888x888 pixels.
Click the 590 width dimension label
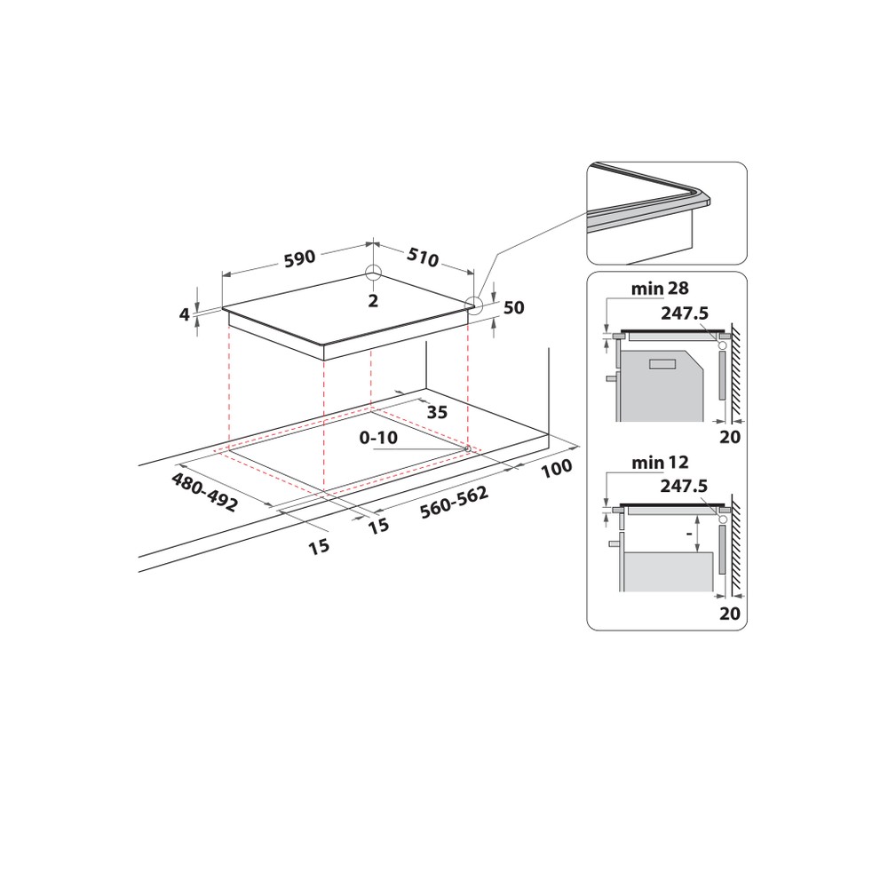click(300, 258)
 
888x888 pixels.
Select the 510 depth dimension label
click(423, 258)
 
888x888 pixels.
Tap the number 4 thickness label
click(185, 313)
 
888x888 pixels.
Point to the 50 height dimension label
click(513, 308)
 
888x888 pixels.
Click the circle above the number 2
click(373, 274)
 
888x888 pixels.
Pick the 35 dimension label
click(436, 411)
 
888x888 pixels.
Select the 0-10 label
click(378, 438)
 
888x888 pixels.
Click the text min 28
click(660, 289)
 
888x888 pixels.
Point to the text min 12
click(660, 463)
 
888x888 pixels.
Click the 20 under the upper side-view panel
click(730, 437)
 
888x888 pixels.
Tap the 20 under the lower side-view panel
click(730, 614)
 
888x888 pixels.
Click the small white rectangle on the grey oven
click(662, 364)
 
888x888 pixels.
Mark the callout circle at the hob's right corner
click(474, 306)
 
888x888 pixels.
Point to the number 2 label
click(373, 301)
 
